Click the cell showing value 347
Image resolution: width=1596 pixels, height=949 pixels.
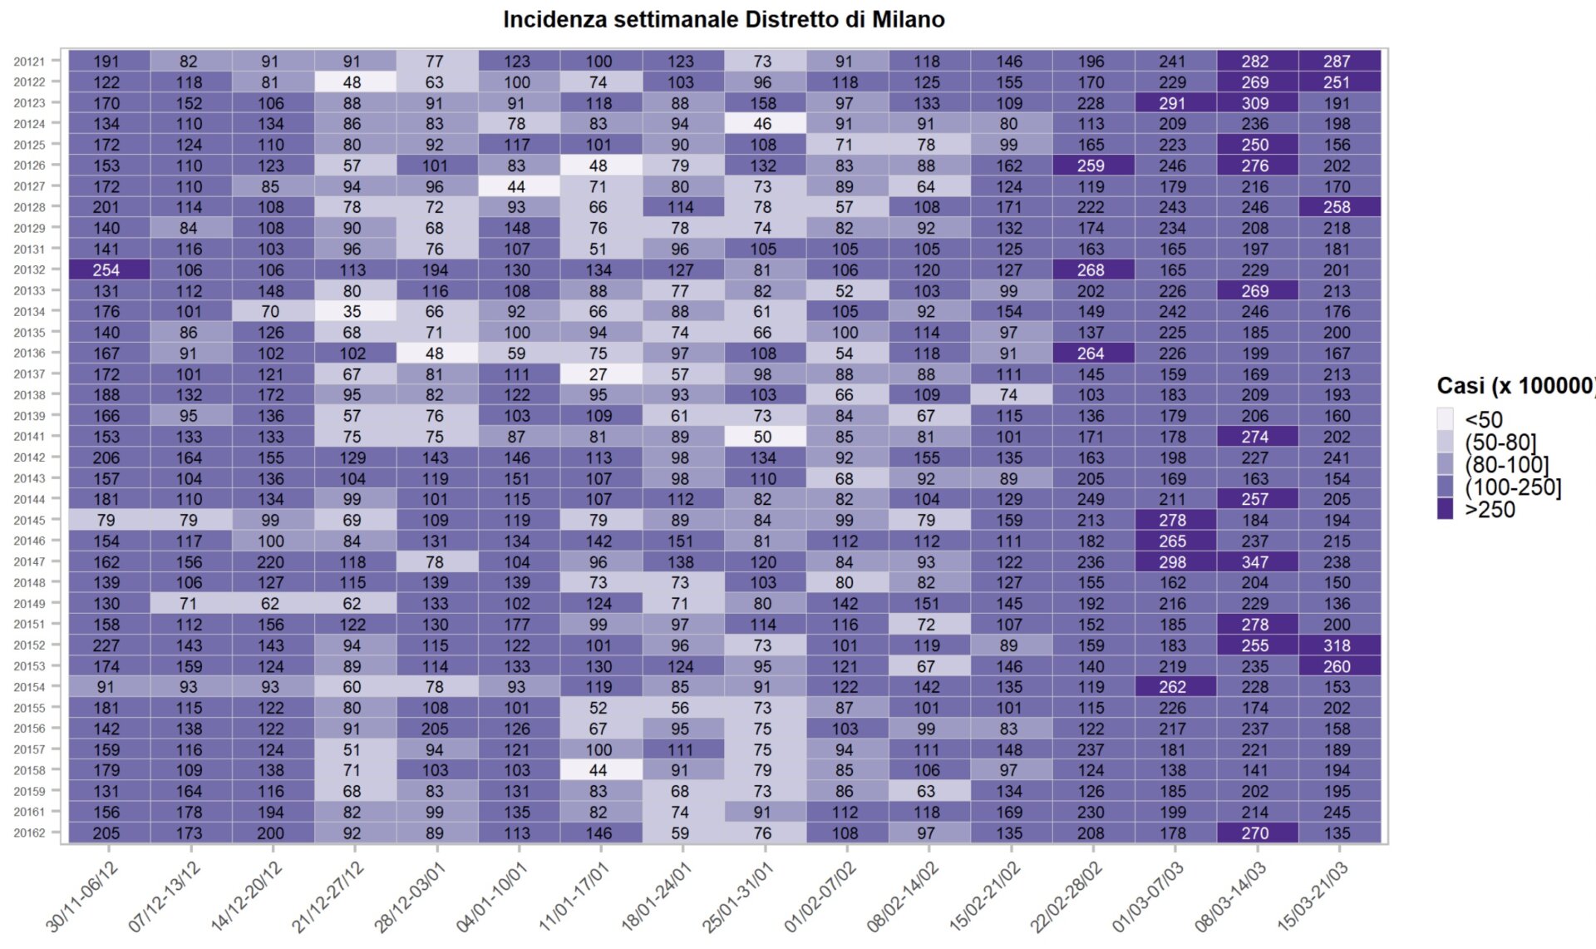click(x=1255, y=562)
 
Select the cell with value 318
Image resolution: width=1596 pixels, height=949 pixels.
click(x=1337, y=645)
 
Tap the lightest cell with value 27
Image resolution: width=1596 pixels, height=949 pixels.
click(x=598, y=374)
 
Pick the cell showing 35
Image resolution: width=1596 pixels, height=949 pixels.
click(x=352, y=312)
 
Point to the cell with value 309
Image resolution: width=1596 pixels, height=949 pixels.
click(x=1255, y=103)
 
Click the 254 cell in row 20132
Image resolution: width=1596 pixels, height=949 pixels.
click(x=106, y=270)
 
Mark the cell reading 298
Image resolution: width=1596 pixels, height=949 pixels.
click(x=1173, y=562)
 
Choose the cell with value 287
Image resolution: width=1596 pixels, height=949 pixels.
click(x=1337, y=62)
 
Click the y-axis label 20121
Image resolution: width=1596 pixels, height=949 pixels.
click(x=29, y=62)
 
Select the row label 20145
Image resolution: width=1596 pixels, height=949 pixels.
click(x=29, y=521)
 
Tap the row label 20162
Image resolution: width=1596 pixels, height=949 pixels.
click(x=29, y=833)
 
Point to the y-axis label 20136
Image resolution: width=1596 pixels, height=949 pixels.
click(x=29, y=353)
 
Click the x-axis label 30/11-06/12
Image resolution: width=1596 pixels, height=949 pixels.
click(x=82, y=897)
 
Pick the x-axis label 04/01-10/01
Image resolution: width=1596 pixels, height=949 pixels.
click(x=492, y=897)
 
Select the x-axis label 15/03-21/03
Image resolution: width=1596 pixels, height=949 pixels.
click(x=1313, y=897)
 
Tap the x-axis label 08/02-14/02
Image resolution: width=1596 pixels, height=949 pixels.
click(x=903, y=897)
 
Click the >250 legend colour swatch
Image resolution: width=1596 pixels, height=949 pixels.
click(x=1446, y=509)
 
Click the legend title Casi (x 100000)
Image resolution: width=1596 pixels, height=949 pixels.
click(x=1515, y=386)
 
